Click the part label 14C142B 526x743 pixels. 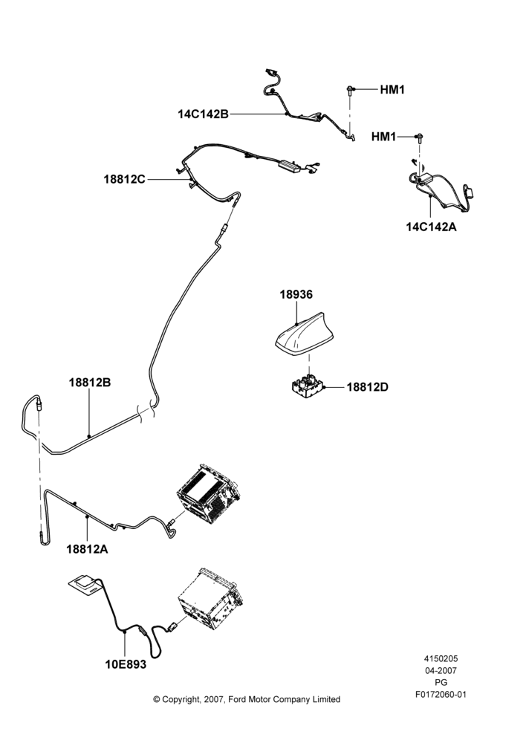coord(204,114)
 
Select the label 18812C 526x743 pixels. coord(125,180)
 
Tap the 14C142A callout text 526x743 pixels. coord(431,227)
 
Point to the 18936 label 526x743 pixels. coord(296,294)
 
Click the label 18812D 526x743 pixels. coord(367,387)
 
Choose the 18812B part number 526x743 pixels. coord(90,383)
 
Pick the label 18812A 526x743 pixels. coord(87,549)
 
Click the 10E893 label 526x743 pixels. coord(126,665)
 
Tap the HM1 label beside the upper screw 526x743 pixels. coord(392,90)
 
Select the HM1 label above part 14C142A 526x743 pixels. coord(383,137)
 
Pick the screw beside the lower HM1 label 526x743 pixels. coord(420,138)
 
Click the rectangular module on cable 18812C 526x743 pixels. coord(290,166)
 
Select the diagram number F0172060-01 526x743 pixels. coord(441,695)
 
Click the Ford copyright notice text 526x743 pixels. coord(247,699)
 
